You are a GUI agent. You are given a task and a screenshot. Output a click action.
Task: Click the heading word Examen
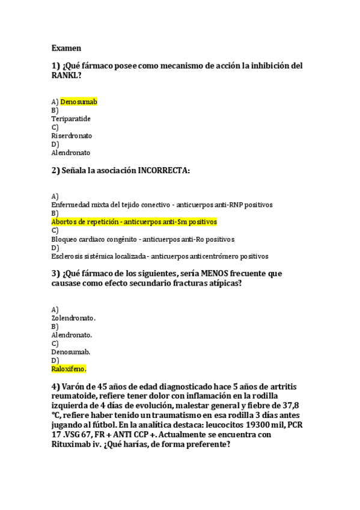pos(66,48)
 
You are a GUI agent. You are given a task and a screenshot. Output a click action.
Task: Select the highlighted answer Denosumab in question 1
pos(79,102)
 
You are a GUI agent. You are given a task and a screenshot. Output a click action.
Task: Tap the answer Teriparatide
pos(71,118)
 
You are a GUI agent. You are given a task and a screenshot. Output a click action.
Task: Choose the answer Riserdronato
pos(72,136)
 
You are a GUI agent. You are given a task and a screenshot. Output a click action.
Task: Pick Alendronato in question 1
pos(71,153)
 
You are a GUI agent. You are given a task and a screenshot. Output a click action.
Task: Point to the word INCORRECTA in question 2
pos(162,170)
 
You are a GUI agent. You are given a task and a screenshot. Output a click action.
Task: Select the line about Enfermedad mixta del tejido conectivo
pos(162,204)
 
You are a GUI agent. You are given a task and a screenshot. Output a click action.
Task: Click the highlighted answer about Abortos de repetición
pos(134,222)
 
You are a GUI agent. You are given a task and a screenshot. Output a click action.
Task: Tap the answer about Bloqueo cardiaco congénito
pos(142,239)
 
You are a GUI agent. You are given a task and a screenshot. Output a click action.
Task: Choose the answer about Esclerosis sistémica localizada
pos(159,256)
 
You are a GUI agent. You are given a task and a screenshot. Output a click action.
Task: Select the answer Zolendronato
pos(73,318)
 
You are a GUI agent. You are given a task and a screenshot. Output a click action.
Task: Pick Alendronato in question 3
pos(72,334)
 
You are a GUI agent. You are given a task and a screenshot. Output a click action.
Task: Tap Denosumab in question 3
pos(71,351)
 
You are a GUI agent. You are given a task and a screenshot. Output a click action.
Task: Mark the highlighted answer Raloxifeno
pos(69,369)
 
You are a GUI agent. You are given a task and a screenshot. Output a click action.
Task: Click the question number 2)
pos(55,170)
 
